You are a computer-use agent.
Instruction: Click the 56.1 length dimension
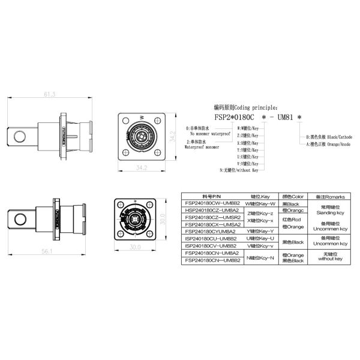tap(46, 251)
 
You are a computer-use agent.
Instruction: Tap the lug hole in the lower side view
tap(23, 215)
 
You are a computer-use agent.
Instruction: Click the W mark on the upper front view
tap(142, 117)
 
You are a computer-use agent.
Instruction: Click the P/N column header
tap(212, 197)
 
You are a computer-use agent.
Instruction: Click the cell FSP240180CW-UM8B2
tap(212, 203)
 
